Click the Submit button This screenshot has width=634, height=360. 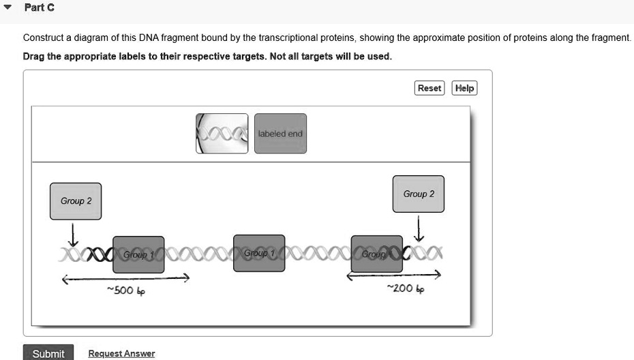point(48,353)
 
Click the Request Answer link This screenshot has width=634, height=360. point(121,353)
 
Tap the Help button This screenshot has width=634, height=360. point(465,88)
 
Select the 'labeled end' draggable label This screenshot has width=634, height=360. point(280,134)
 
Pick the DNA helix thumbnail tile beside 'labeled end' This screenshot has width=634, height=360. point(222,134)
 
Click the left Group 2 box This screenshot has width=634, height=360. point(76,201)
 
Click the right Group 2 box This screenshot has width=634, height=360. point(419,194)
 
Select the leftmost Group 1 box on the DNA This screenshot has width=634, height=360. point(138,254)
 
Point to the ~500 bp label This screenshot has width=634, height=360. point(126,291)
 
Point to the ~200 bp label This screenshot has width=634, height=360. point(399,288)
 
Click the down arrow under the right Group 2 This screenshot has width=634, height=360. point(419,227)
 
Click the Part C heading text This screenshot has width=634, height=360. point(39,8)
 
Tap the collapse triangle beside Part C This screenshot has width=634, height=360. point(7,8)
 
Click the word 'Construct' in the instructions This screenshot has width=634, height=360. point(43,38)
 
